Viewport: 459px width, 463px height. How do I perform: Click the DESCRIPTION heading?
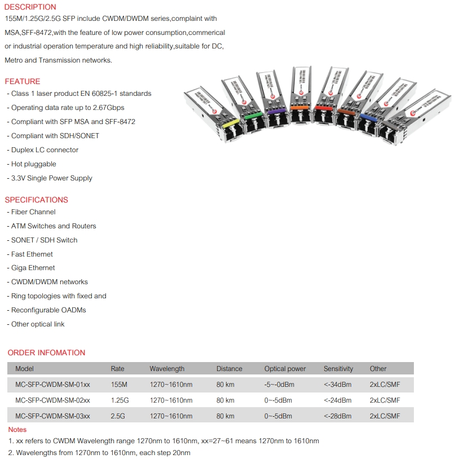30,7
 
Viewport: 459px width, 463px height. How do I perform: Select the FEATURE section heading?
23,81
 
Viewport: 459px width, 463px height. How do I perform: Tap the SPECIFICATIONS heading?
37,200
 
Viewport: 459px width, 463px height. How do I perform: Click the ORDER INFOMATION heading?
46,352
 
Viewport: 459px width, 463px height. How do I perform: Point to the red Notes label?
17,430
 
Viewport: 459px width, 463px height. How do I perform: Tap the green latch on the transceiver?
251,116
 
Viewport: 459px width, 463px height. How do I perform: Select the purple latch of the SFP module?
276,112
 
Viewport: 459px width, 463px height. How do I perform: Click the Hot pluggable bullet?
33,164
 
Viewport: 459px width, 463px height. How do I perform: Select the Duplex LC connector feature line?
45,150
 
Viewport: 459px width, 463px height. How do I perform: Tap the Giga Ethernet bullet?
33,268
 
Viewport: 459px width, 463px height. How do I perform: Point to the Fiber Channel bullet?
33,212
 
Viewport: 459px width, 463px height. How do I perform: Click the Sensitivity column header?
338,369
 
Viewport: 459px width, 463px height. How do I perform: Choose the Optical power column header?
285,369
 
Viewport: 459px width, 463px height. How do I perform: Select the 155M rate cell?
119,385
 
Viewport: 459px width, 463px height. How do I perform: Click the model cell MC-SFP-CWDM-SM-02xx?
52,400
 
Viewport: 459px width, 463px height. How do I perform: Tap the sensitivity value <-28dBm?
338,416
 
